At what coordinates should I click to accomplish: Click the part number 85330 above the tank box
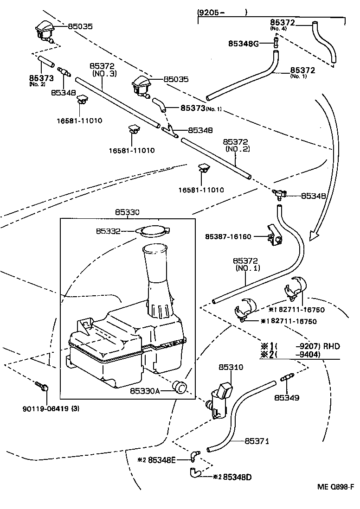(128, 212)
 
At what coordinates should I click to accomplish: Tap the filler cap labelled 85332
(153, 230)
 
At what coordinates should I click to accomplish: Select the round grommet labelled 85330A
(179, 388)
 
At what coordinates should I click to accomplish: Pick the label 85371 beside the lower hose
(257, 441)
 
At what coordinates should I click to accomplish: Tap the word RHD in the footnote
(331, 345)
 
